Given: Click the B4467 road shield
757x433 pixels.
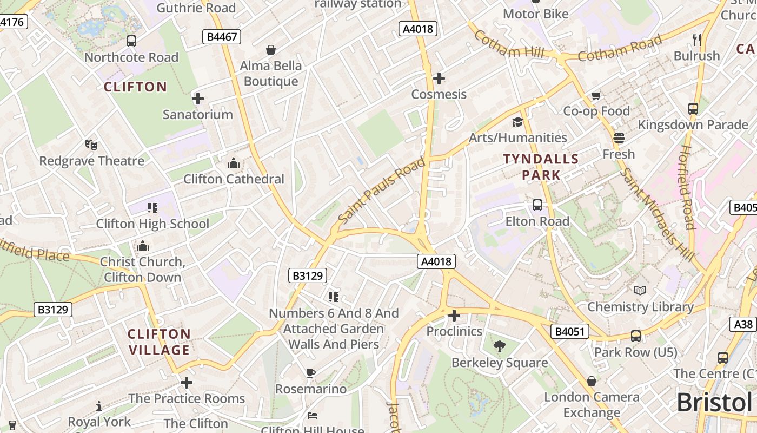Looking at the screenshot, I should coord(221,37).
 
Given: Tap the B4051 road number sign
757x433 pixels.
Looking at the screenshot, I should coord(570,331).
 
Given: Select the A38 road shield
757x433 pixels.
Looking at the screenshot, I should coord(743,324).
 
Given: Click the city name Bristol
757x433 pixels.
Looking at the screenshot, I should coord(714,403).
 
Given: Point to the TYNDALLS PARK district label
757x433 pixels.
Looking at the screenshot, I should coord(541,167).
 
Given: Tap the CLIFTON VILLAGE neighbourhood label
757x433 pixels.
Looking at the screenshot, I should coord(159,342).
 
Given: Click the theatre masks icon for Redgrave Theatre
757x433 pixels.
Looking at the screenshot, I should coord(91,145).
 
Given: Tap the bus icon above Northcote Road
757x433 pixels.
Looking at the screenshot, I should coord(131,41).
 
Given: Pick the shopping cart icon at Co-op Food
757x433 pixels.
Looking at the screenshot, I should coord(596,96).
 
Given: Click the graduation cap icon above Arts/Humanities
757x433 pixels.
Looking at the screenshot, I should coord(517,122).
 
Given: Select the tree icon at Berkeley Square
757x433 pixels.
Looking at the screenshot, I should coord(500,346).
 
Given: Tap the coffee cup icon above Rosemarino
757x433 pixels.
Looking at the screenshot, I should coord(310,373).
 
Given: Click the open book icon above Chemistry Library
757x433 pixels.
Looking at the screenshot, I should coord(640,291).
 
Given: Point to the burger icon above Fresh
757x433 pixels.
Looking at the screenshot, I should coord(619,138).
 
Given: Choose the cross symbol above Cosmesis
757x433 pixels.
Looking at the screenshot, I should coord(439,78).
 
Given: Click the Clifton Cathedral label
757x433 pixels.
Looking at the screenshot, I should coord(234,179).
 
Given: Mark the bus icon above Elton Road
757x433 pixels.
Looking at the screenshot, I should coord(537,205).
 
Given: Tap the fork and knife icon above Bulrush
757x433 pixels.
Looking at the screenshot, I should coord(696,40).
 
